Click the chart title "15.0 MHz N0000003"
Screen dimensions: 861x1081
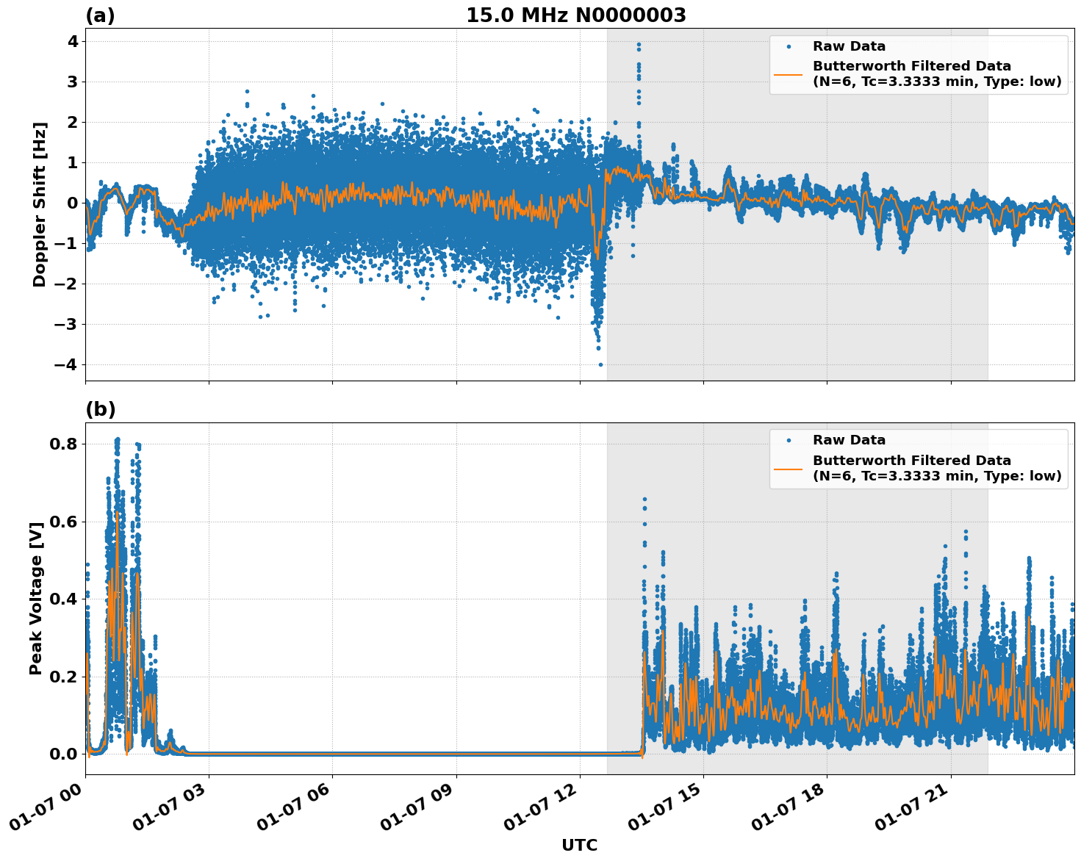tap(576, 15)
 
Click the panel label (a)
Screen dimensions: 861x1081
tap(100, 15)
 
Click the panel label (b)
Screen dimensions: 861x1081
tap(100, 409)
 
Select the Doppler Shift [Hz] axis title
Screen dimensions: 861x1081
tap(40, 204)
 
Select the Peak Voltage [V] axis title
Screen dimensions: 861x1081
tap(36, 597)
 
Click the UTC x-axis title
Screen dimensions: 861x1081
tap(579, 845)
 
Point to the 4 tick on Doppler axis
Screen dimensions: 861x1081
tap(73, 41)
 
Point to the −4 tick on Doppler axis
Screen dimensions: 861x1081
tap(68, 365)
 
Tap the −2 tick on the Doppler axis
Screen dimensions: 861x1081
tap(68, 284)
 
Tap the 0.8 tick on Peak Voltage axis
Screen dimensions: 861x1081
tap(65, 444)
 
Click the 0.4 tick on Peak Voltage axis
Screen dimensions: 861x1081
tap(65, 599)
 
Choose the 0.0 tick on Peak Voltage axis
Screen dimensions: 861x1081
tap(65, 754)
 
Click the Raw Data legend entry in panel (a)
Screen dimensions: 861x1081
tap(849, 46)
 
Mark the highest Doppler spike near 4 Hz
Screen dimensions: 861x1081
tap(639, 45)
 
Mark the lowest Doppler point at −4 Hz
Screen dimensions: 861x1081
tap(600, 364)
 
